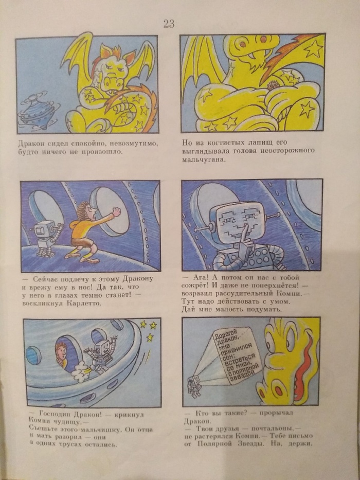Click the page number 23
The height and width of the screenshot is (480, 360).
click(x=169, y=24)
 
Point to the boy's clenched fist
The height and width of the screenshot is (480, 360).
click(x=116, y=212)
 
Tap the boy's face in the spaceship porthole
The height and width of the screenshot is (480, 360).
click(x=62, y=354)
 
